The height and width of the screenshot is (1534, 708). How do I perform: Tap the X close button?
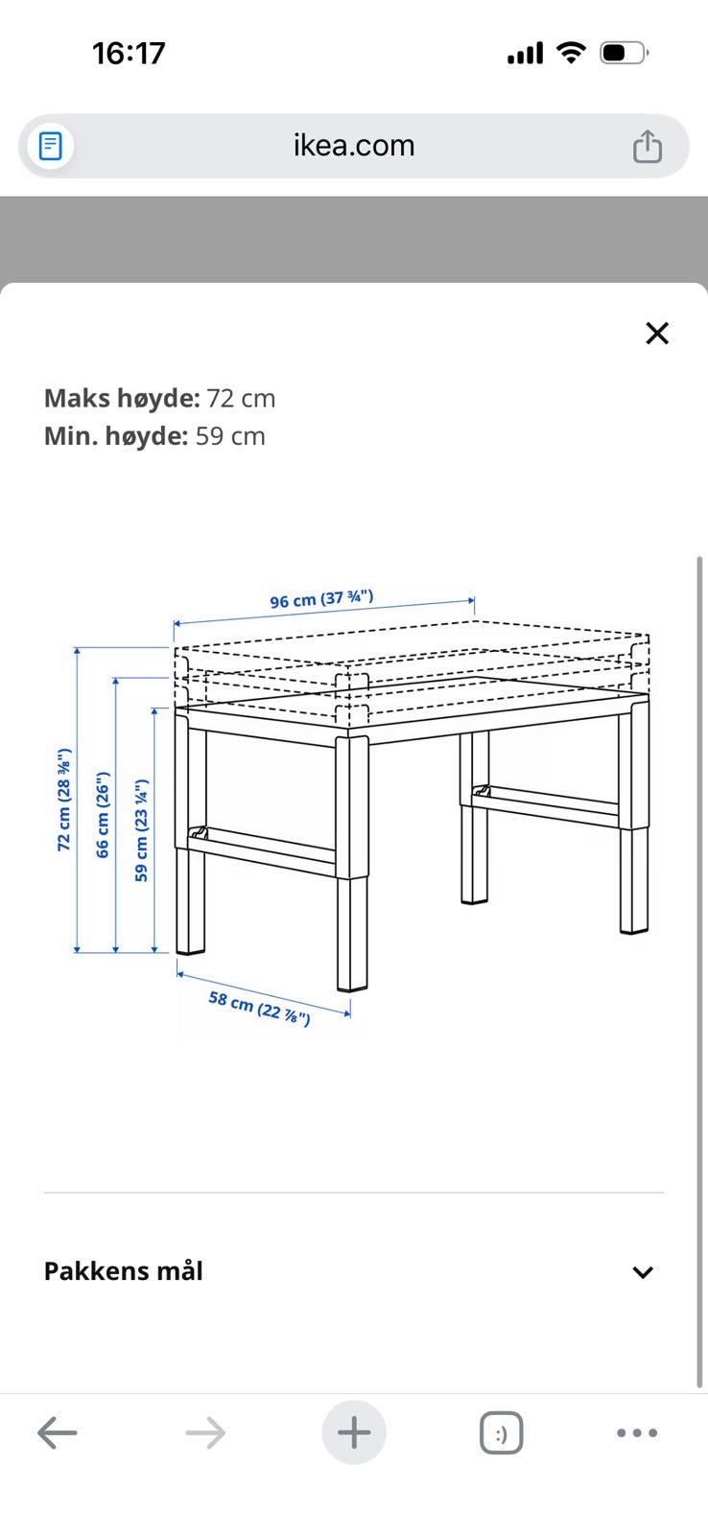pyautogui.click(x=656, y=334)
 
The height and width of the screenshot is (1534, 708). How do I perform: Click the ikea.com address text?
pyautogui.click(x=354, y=145)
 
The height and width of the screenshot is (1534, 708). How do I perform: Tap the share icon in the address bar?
pyautogui.click(x=647, y=146)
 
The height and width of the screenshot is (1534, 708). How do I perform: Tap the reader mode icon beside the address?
pyautogui.click(x=50, y=146)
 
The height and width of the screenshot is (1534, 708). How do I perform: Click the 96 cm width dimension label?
pyautogui.click(x=321, y=599)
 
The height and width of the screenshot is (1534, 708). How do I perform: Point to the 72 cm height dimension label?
pyautogui.click(x=63, y=800)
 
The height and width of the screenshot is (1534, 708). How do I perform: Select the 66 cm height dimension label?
pyautogui.click(x=102, y=815)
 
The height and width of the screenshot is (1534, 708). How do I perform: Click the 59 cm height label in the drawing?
pyautogui.click(x=141, y=830)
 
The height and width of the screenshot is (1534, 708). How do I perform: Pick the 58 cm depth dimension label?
pyautogui.click(x=259, y=1008)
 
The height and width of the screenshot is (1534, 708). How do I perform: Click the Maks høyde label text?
pyautogui.click(x=122, y=398)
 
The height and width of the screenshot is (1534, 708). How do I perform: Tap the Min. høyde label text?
pyautogui.click(x=116, y=436)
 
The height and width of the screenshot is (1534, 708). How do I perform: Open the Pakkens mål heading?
pyautogui.click(x=124, y=1271)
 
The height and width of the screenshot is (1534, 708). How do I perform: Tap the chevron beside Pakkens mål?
pyautogui.click(x=642, y=1272)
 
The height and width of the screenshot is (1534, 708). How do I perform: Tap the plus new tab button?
pyautogui.click(x=354, y=1432)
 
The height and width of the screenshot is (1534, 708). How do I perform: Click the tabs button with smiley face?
pyautogui.click(x=501, y=1432)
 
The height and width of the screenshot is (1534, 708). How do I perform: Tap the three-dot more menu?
pyautogui.click(x=637, y=1432)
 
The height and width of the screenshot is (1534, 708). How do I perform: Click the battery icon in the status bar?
pyautogui.click(x=624, y=53)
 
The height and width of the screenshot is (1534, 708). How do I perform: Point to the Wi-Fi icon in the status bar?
pyautogui.click(x=571, y=52)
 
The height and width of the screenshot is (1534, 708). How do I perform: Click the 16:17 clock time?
pyautogui.click(x=129, y=54)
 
